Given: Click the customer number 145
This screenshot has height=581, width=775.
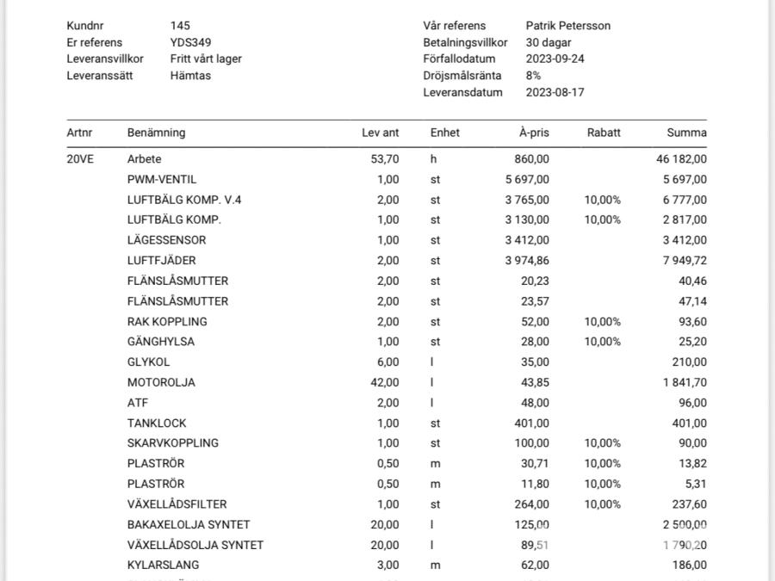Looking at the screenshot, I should pyautogui.click(x=180, y=26).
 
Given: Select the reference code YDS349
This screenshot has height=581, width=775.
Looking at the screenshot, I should pyautogui.click(x=191, y=42).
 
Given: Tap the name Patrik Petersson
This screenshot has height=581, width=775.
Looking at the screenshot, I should pyautogui.click(x=567, y=26).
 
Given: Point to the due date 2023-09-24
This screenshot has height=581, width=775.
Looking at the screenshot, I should pyautogui.click(x=555, y=59).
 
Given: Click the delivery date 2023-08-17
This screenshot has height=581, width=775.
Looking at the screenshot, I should pyautogui.click(x=555, y=92).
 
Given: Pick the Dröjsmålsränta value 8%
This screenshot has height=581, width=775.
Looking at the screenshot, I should pyautogui.click(x=534, y=76).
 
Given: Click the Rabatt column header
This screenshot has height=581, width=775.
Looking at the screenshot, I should pyautogui.click(x=603, y=133).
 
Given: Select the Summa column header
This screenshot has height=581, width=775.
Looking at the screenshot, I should pyautogui.click(x=686, y=133).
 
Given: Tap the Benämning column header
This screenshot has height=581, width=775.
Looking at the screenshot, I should pyautogui.click(x=156, y=133).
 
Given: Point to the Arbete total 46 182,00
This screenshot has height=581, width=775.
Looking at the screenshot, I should pyautogui.click(x=681, y=159).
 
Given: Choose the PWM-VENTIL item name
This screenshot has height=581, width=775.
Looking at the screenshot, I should pyautogui.click(x=162, y=180).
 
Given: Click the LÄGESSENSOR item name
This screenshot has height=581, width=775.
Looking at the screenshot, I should pyautogui.click(x=166, y=240).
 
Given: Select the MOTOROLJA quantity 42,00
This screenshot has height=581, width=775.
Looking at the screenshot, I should pyautogui.click(x=383, y=382).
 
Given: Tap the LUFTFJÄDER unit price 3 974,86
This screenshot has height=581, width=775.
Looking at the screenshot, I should pyautogui.click(x=526, y=261).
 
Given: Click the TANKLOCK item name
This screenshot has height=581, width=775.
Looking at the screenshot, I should pyautogui.click(x=157, y=423).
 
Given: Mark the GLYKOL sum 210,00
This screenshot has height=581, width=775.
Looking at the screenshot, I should pyautogui.click(x=689, y=362).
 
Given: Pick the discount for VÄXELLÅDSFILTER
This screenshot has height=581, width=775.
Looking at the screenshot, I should pyautogui.click(x=603, y=504).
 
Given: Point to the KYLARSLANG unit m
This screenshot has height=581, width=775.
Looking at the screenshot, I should pyautogui.click(x=435, y=566).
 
